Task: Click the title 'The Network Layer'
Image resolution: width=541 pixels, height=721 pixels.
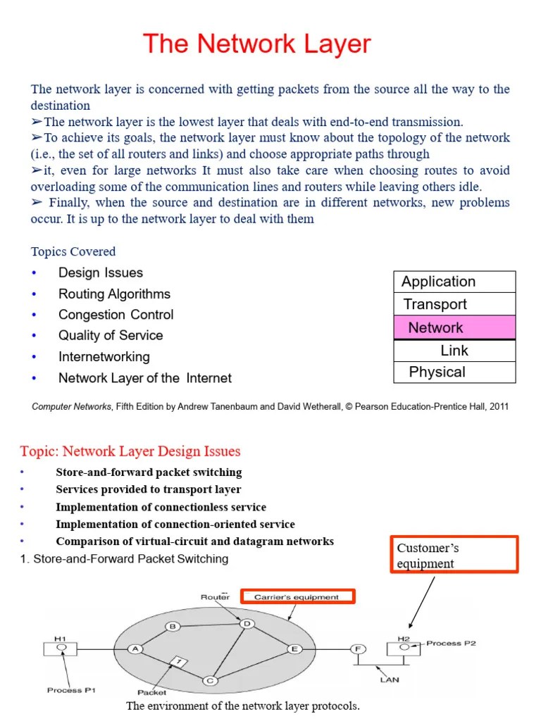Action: point(257,44)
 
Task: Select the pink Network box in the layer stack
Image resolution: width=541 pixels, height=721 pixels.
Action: point(454,327)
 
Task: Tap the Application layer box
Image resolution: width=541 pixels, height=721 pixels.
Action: point(454,282)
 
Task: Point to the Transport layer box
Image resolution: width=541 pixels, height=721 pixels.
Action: point(454,304)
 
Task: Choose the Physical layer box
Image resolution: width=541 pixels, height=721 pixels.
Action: point(454,372)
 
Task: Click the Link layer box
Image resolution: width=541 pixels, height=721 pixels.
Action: point(454,350)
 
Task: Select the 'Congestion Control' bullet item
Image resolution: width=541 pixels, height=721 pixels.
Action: point(116,315)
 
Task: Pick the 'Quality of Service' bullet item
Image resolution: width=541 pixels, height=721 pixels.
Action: point(111,335)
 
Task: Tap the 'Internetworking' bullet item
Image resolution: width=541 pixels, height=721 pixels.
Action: point(104,356)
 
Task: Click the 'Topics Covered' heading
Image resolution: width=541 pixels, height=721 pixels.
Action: point(73,251)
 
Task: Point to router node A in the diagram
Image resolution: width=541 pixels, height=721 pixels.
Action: point(135,649)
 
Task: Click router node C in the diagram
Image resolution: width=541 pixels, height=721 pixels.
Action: point(209,680)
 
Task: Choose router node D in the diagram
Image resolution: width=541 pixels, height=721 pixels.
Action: point(247,623)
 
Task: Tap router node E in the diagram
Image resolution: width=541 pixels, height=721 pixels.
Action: point(293,648)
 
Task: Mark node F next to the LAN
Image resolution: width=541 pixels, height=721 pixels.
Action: point(358,648)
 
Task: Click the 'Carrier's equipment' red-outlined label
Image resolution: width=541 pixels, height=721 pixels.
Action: point(297,597)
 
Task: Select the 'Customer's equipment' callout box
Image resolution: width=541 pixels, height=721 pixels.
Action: point(454,555)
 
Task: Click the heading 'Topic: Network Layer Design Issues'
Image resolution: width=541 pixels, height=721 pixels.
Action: point(130,451)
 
